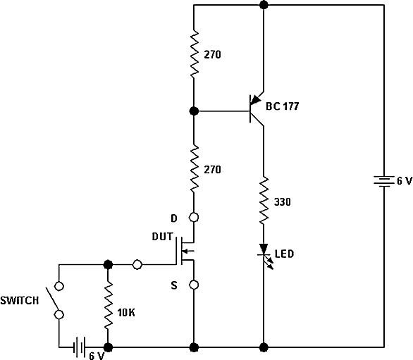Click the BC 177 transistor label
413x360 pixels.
[x=283, y=106]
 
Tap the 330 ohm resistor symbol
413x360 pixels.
[x=264, y=201]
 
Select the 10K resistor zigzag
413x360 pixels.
[x=108, y=305]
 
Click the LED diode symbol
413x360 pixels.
[x=265, y=255]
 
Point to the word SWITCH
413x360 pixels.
[x=20, y=301]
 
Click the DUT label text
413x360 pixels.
[x=162, y=237]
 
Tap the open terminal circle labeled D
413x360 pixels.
[x=194, y=218]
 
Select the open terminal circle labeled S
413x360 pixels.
[x=194, y=285]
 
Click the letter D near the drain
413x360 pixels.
[x=174, y=218]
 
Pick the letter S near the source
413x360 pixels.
[x=174, y=285]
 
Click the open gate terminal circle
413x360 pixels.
[x=137, y=264]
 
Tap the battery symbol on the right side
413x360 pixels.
[x=384, y=181]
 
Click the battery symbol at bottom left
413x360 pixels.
[x=80, y=347]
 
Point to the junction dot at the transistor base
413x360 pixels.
[x=194, y=111]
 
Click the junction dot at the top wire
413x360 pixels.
[x=264, y=5]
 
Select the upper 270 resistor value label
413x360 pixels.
[x=212, y=54]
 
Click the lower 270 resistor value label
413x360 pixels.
[x=212, y=170]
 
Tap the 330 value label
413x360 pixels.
[x=283, y=202]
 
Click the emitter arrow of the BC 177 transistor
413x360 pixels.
[x=255, y=100]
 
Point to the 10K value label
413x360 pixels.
[x=126, y=313]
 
